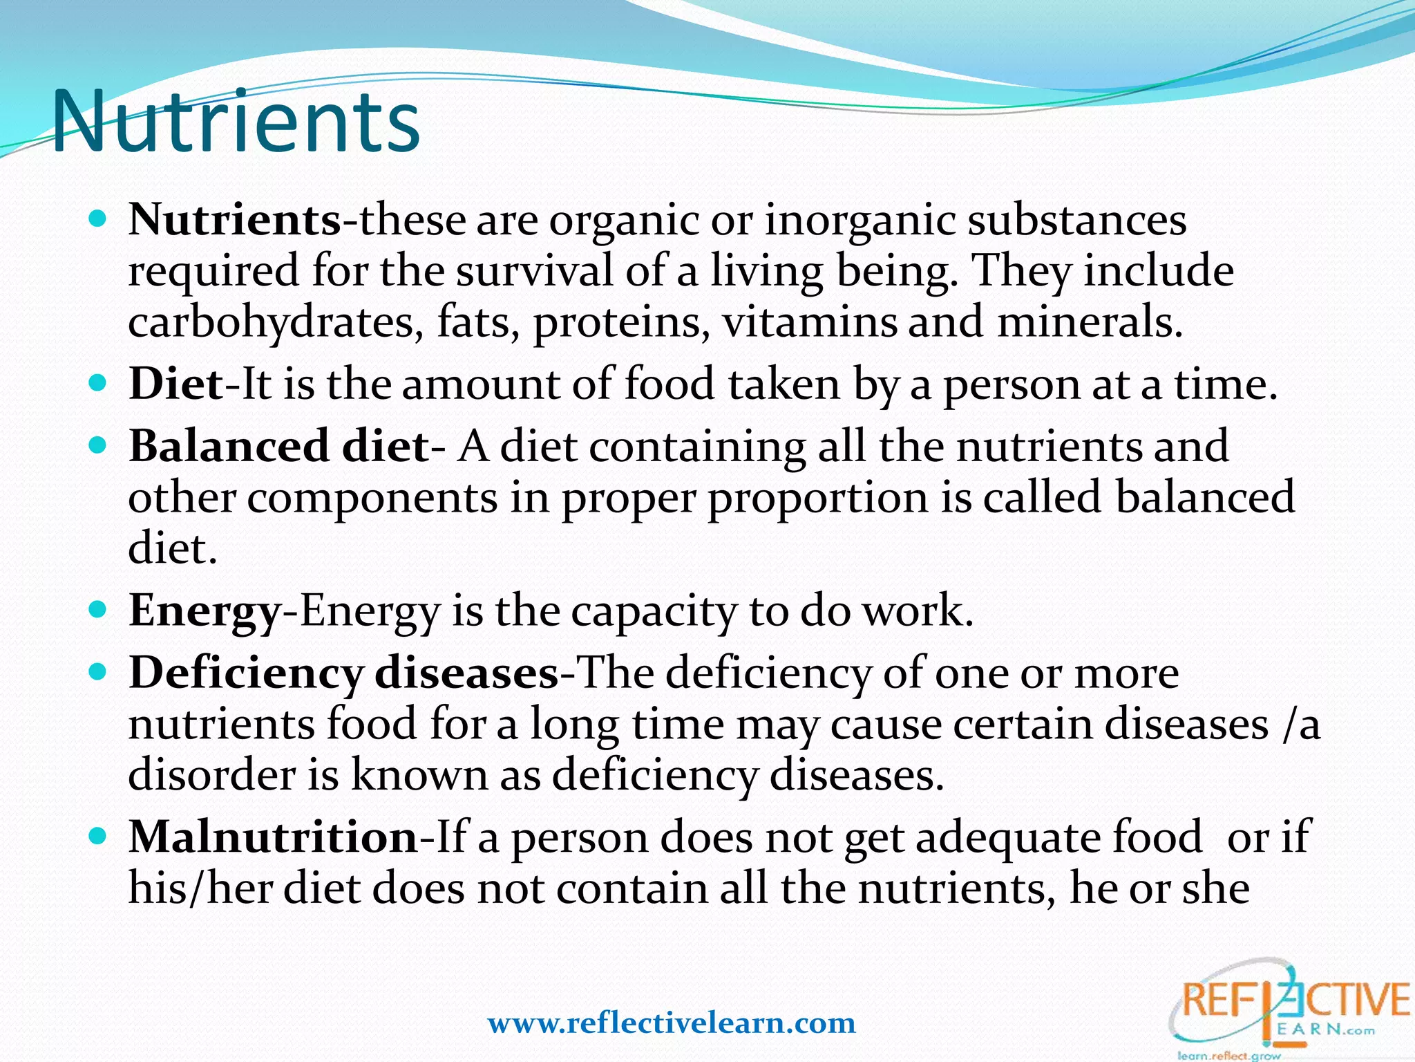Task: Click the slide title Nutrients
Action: pyautogui.click(x=236, y=122)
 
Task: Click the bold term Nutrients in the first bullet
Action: pyautogui.click(x=234, y=220)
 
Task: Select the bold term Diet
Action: pyautogui.click(x=175, y=384)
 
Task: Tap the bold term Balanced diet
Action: pyautogui.click(x=278, y=446)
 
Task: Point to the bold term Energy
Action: pyautogui.click(x=205, y=611)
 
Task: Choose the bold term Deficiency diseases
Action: pyautogui.click(x=343, y=673)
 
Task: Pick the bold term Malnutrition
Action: pyautogui.click(x=273, y=837)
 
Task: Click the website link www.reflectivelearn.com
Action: pyautogui.click(x=672, y=1023)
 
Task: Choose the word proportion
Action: pyautogui.click(x=818, y=498)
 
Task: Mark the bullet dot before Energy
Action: pyautogui.click(x=98, y=611)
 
